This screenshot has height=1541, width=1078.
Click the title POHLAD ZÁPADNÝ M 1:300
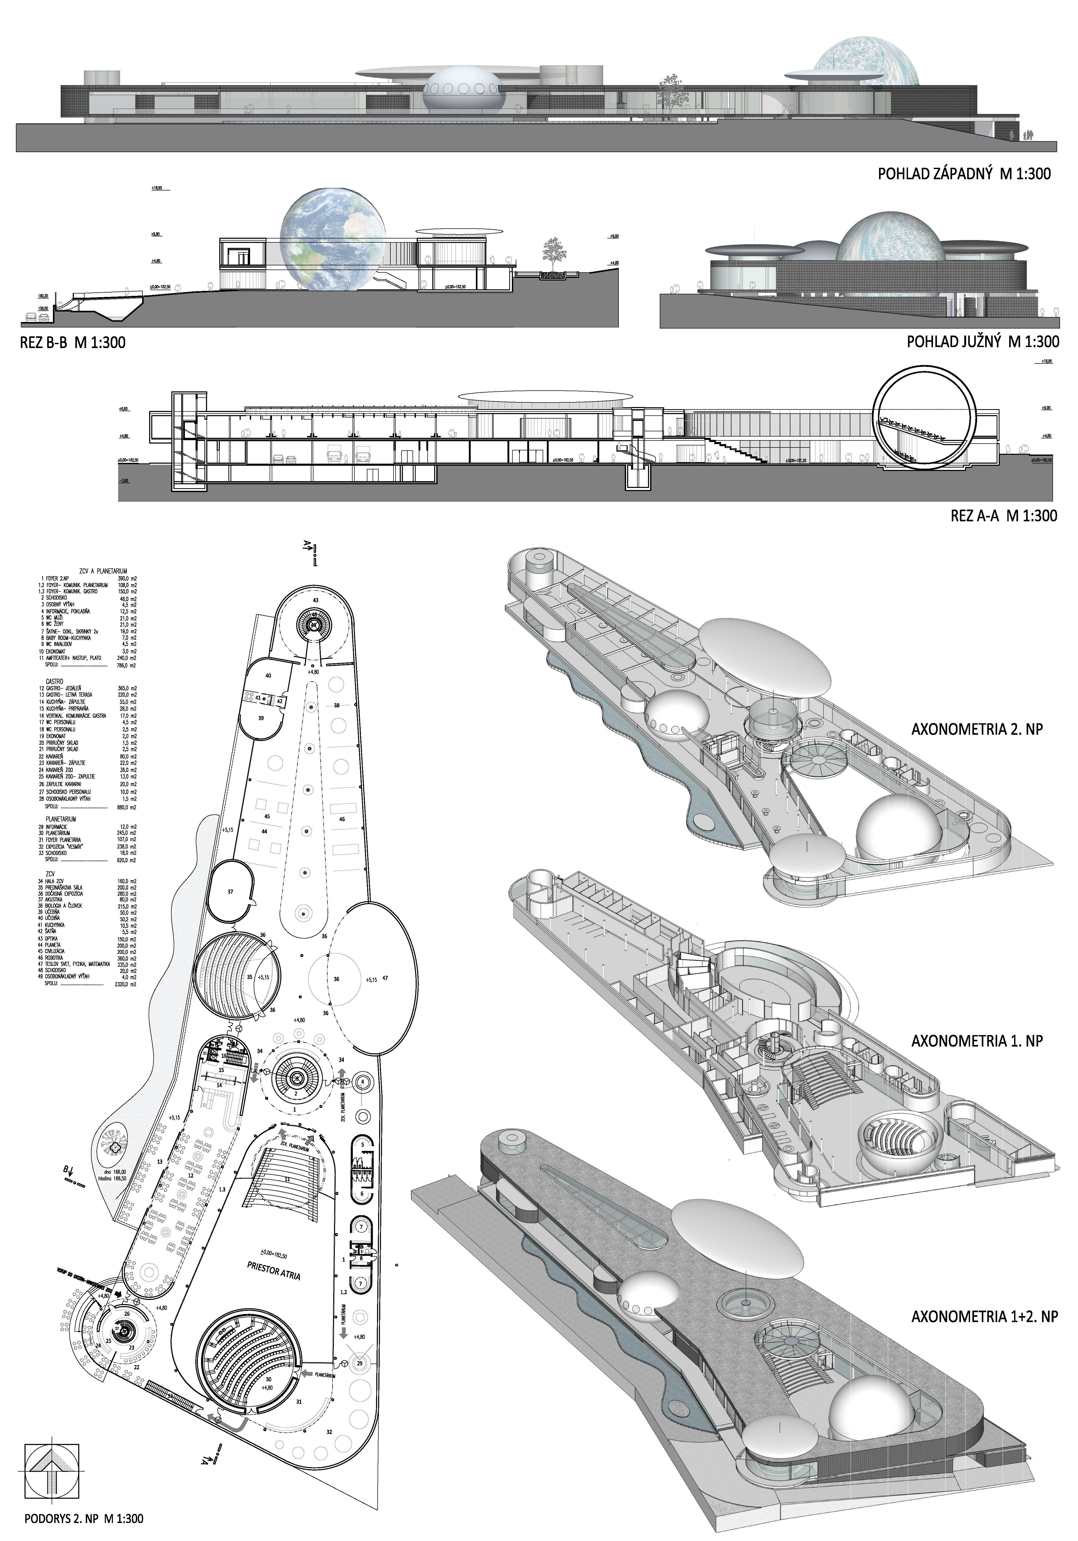pyautogui.click(x=964, y=174)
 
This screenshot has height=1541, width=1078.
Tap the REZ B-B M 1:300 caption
pyautogui.click(x=72, y=343)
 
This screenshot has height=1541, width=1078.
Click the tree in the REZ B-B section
pyautogui.click(x=553, y=254)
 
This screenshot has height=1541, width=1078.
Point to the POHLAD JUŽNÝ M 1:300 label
pyautogui.click(x=983, y=342)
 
